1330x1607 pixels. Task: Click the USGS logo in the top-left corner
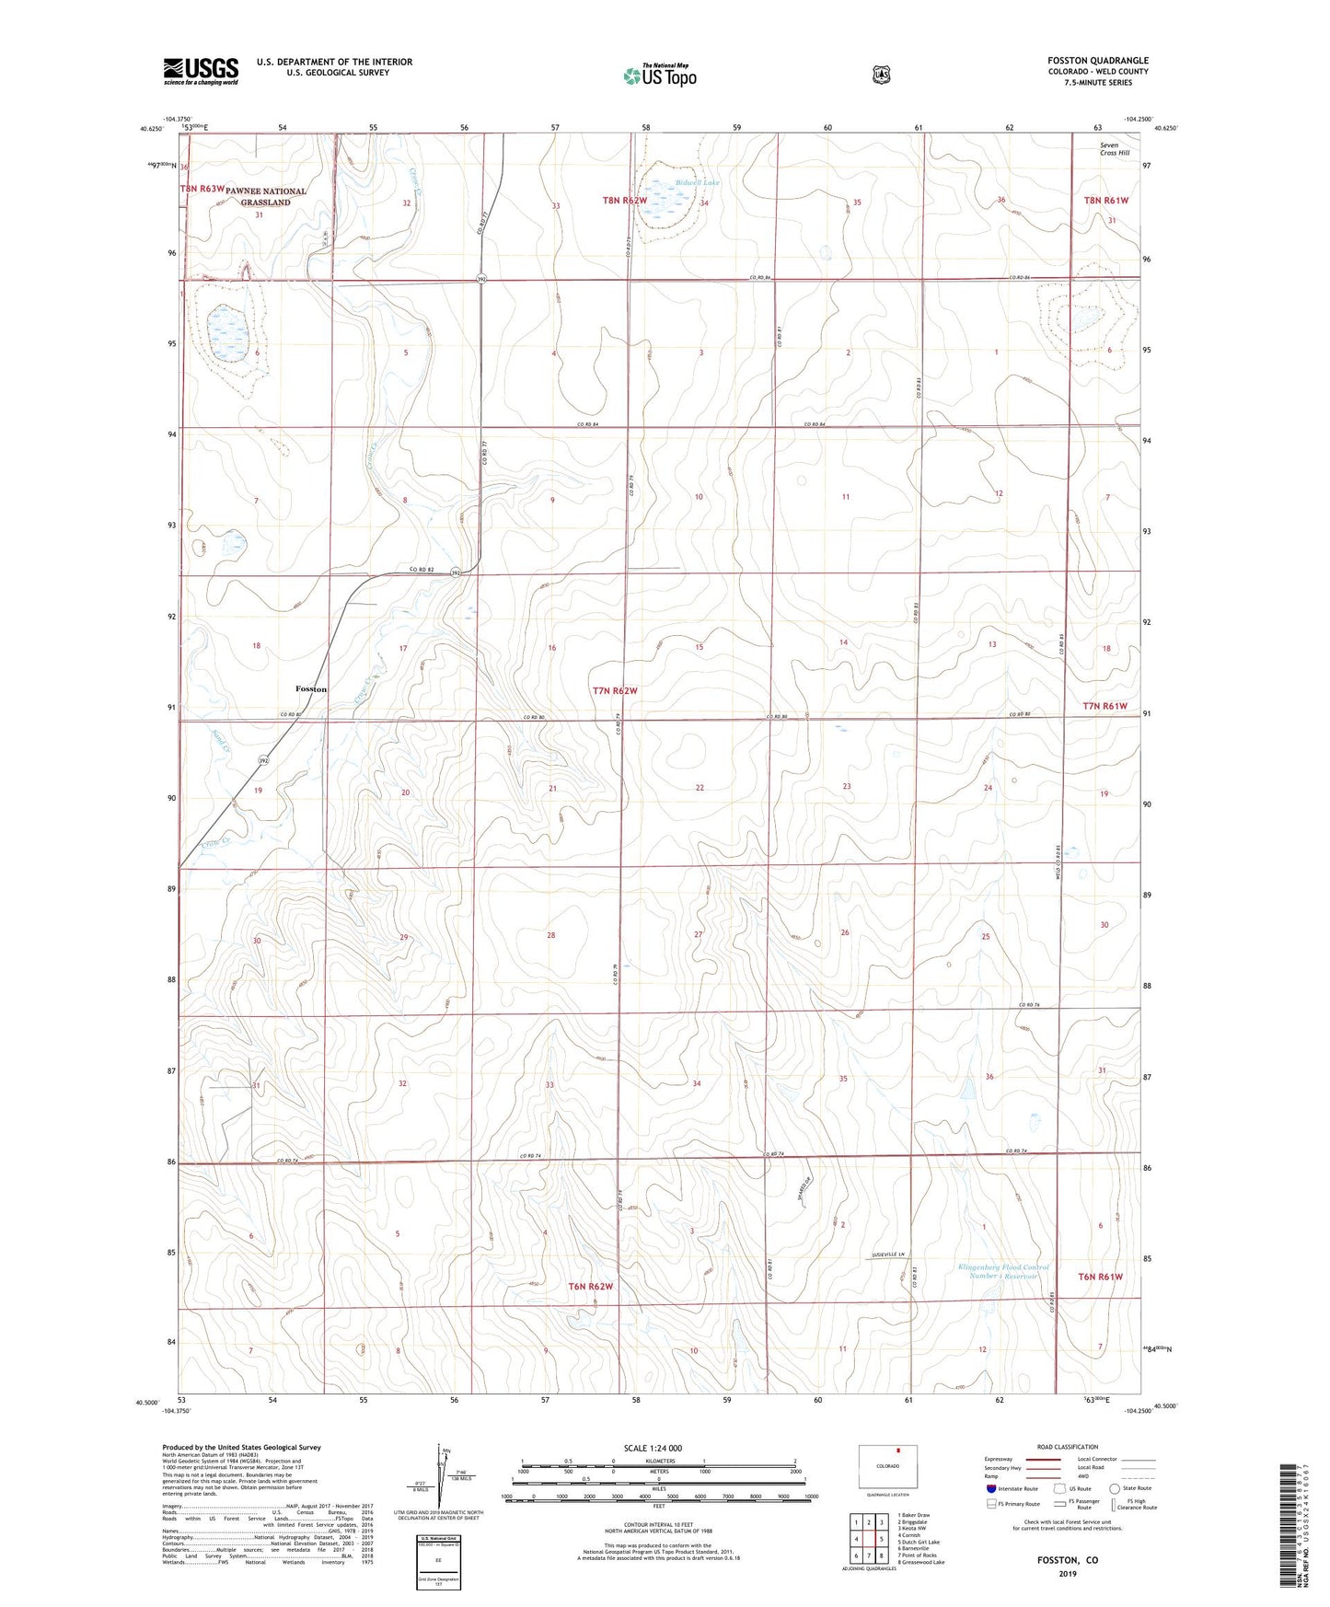click(201, 71)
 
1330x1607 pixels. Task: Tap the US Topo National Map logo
click(659, 75)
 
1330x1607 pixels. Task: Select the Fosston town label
click(311, 688)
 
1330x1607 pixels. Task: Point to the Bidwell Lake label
click(697, 183)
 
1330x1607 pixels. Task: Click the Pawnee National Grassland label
click(265, 197)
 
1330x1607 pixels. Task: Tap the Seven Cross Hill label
click(1114, 149)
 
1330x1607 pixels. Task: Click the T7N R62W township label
click(615, 690)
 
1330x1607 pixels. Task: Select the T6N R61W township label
click(1100, 1277)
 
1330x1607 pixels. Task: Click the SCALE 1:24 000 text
click(653, 1448)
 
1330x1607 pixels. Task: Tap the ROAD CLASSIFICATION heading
click(1067, 1447)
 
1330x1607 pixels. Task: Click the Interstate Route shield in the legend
click(990, 1488)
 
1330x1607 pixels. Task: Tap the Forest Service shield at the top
click(881, 75)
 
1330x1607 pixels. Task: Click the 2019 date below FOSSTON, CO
click(1067, 1573)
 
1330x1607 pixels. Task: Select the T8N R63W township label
click(202, 189)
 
